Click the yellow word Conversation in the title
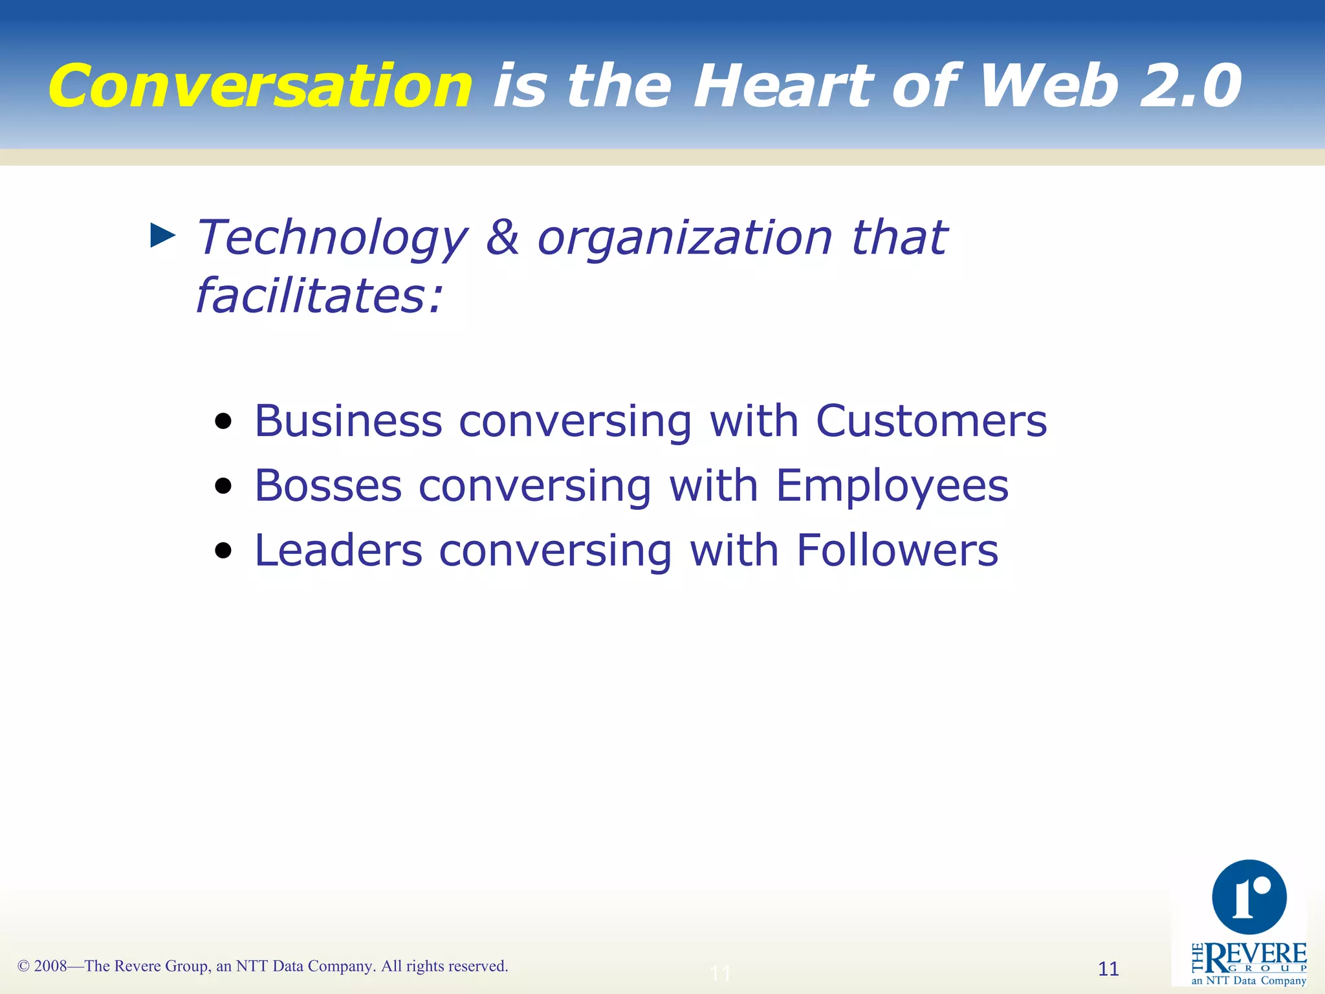coord(260,86)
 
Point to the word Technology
coord(331,238)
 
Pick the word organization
coord(684,238)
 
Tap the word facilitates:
coord(319,296)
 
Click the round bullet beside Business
coord(223,422)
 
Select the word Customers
coord(931,421)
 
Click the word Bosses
coord(328,486)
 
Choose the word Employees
coord(892,486)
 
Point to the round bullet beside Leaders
coord(223,551)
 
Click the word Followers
coord(897,551)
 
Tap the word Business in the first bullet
coord(348,421)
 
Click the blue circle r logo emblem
coord(1249,897)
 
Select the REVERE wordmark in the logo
coord(1256,956)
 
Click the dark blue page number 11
coord(1108,969)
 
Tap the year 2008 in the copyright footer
coord(50,966)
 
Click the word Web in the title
coord(1049,86)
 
